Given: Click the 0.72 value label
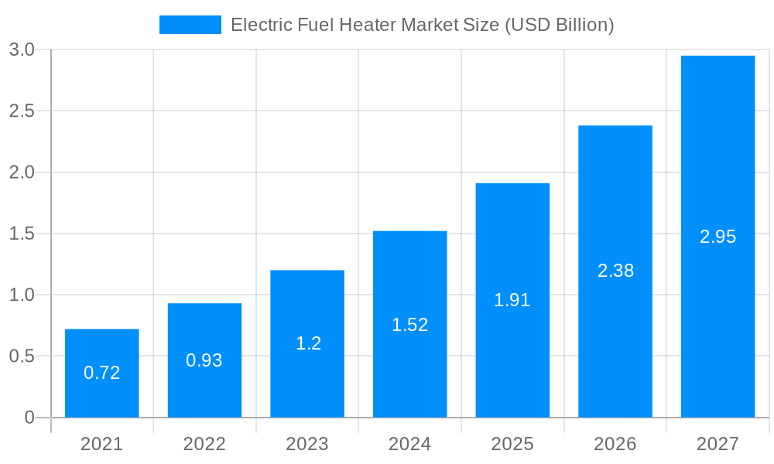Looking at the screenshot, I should click(x=101, y=373).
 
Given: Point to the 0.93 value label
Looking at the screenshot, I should click(x=204, y=360).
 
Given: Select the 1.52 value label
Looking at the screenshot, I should click(x=409, y=325).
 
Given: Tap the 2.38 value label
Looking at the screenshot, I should click(x=615, y=271).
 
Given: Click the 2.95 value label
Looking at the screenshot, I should click(x=717, y=237).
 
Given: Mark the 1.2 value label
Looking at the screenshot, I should click(x=308, y=343).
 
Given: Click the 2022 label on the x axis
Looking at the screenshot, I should click(x=204, y=445).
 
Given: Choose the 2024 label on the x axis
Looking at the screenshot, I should click(x=409, y=445).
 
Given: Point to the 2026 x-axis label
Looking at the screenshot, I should click(x=615, y=445).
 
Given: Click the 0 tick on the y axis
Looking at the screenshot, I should click(x=29, y=418).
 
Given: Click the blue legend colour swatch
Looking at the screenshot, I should click(x=190, y=25).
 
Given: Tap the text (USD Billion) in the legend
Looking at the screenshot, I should click(x=560, y=25).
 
